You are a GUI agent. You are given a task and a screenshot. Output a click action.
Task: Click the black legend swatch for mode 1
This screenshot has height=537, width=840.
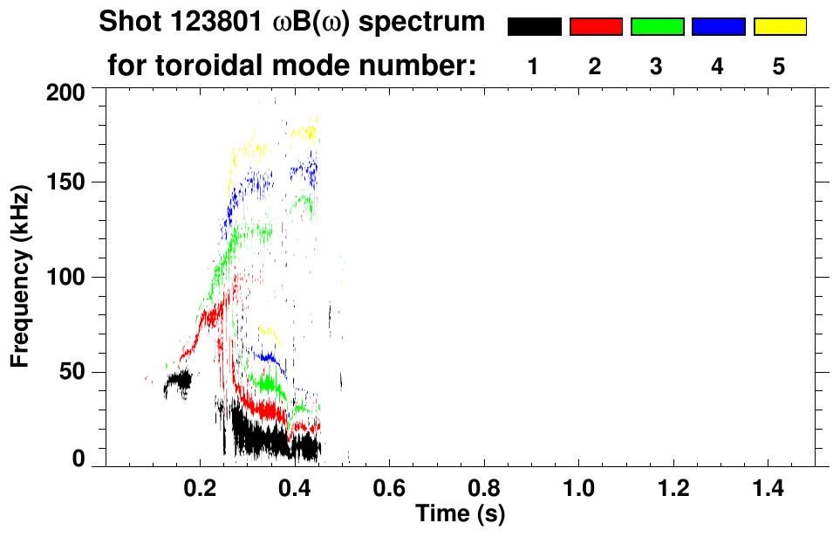click(534, 27)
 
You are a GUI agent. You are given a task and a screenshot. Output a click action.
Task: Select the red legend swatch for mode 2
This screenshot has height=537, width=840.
click(596, 27)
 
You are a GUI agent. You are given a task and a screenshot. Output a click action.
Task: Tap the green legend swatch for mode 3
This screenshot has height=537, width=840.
click(657, 27)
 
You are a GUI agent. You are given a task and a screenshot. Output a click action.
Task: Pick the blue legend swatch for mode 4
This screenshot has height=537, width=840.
click(718, 27)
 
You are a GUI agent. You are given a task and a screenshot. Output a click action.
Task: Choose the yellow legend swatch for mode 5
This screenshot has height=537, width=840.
click(779, 27)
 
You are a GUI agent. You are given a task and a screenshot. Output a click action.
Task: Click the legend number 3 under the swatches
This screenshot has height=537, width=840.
click(656, 67)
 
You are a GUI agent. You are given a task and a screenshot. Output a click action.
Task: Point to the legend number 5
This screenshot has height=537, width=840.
click(779, 67)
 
